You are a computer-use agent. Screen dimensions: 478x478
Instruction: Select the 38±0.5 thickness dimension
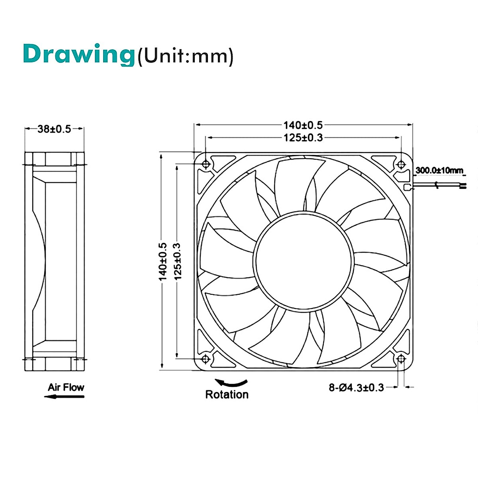pyautogui.click(x=54, y=129)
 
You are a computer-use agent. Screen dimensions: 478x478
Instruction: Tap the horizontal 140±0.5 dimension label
pyautogui.click(x=303, y=125)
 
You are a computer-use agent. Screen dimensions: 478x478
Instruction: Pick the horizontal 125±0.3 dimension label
pyautogui.click(x=303, y=138)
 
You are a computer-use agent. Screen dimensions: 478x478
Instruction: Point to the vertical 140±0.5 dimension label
pyautogui.click(x=163, y=261)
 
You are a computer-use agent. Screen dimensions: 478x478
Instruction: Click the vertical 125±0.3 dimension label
pyautogui.click(x=177, y=261)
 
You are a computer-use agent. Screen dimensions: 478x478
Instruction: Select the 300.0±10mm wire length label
pyautogui.click(x=439, y=170)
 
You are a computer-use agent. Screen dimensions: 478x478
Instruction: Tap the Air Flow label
pyautogui.click(x=66, y=387)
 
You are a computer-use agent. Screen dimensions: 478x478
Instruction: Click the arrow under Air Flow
pyautogui.click(x=64, y=396)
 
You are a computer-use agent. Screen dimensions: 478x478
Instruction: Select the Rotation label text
pyautogui.click(x=227, y=394)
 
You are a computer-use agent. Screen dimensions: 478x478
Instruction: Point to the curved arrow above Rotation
pyautogui.click(x=231, y=383)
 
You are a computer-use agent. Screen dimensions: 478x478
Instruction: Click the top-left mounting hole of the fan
pyautogui.click(x=206, y=164)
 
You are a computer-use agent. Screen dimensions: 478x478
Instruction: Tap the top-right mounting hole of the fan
pyautogui.click(x=401, y=164)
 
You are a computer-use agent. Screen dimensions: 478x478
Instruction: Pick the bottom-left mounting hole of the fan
pyautogui.click(x=206, y=359)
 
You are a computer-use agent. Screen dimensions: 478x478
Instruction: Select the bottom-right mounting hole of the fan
pyautogui.click(x=401, y=359)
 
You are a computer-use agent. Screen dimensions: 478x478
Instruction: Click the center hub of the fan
pyautogui.click(x=304, y=261)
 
